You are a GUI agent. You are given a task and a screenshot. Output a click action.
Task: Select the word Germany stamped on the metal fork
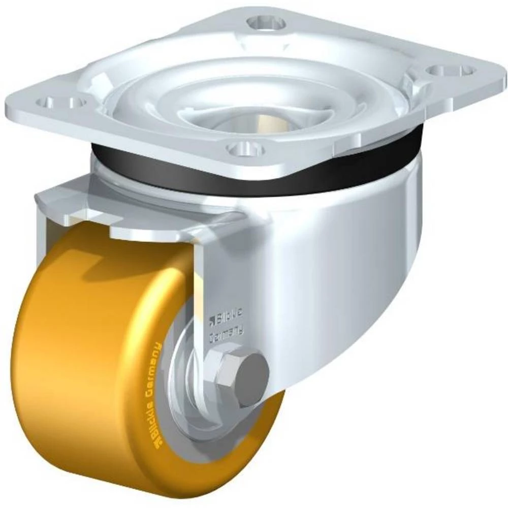click(227, 333)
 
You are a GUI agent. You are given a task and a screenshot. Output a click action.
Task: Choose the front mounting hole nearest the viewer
click(245, 149)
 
